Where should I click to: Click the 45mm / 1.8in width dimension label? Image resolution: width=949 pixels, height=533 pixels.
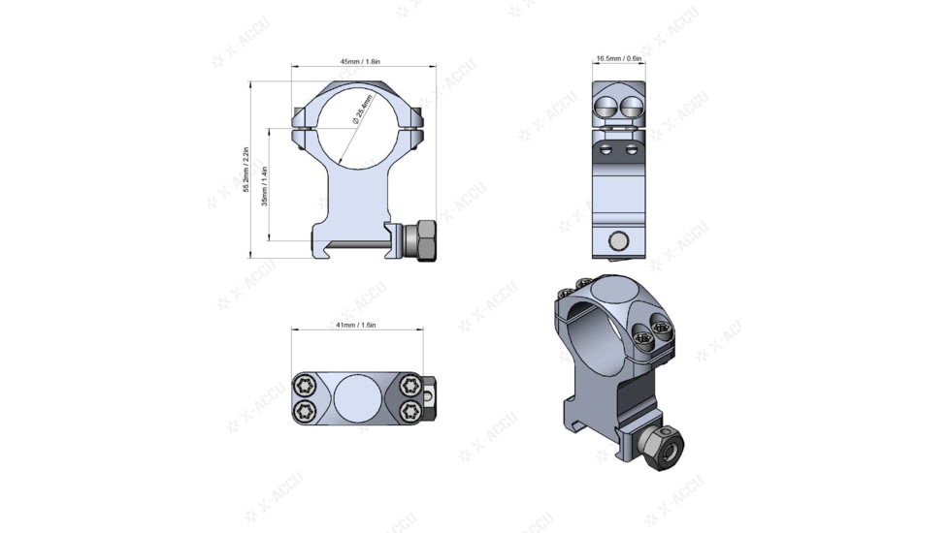pyautogui.click(x=360, y=62)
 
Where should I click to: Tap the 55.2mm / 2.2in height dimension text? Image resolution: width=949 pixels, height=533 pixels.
pyautogui.click(x=247, y=170)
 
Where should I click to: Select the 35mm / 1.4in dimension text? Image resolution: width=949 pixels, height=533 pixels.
pyautogui.click(x=265, y=184)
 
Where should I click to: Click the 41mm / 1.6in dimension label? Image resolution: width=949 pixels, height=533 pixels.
pyautogui.click(x=356, y=326)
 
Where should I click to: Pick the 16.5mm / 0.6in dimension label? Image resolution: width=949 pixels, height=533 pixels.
pyautogui.click(x=618, y=59)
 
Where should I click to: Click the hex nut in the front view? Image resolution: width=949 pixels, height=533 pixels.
pyautogui.click(x=423, y=240)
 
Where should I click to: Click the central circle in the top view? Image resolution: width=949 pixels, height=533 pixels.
pyautogui.click(x=356, y=398)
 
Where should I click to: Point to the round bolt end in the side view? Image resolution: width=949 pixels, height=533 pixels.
pyautogui.click(x=618, y=240)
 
